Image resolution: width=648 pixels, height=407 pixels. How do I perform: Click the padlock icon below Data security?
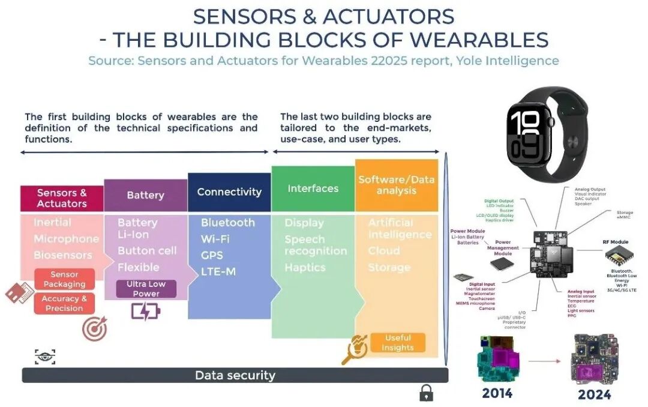pyautogui.click(x=426, y=393)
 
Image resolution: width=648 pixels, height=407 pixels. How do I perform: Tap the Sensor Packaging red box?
pyautogui.click(x=64, y=279)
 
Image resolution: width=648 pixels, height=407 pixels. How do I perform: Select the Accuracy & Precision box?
pyautogui.click(x=64, y=303)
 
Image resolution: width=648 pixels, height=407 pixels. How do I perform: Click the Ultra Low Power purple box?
pyautogui.click(x=146, y=289)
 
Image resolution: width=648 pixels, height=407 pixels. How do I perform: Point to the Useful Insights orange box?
pyautogui.click(x=397, y=342)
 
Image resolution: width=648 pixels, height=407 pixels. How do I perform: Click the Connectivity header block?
pyautogui.click(x=229, y=192)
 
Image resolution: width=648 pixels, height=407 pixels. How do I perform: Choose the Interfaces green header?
pyautogui.click(x=313, y=188)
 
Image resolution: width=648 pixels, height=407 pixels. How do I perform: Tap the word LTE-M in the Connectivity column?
pyautogui.click(x=218, y=271)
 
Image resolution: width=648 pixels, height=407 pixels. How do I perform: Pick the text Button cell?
pyautogui.click(x=147, y=250)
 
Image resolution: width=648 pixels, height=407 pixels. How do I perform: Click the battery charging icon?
pyautogui.click(x=145, y=312)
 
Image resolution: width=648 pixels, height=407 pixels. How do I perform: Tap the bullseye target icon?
pyautogui.click(x=94, y=329)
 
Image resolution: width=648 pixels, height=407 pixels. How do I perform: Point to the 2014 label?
pyautogui.click(x=497, y=394)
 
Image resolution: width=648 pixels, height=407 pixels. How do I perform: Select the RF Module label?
pyautogui.click(x=615, y=242)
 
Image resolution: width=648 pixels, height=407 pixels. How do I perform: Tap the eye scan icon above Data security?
pyautogui.click(x=45, y=357)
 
